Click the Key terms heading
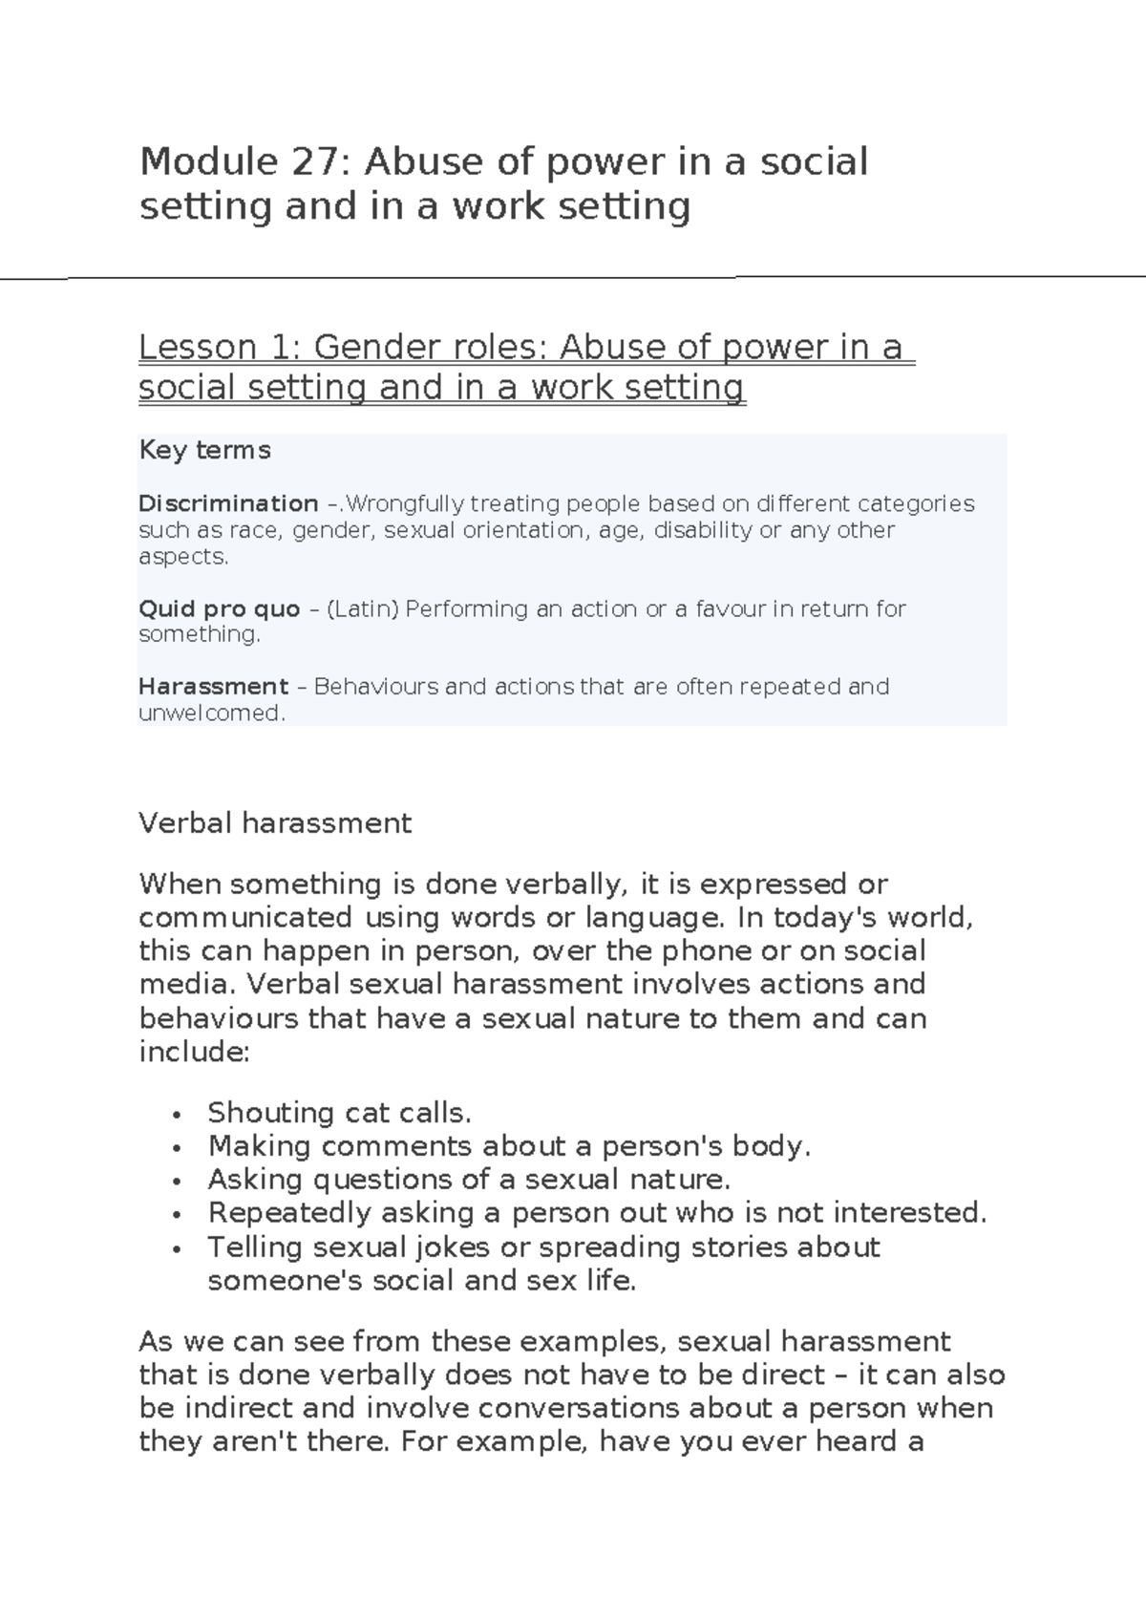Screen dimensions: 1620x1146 click(x=204, y=450)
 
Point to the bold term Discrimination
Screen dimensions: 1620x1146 click(x=228, y=503)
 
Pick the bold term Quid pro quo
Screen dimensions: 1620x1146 click(x=219, y=608)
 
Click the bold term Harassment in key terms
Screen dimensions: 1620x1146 click(x=213, y=687)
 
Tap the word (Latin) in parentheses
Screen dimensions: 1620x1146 click(x=362, y=608)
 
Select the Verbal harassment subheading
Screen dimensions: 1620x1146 click(x=275, y=823)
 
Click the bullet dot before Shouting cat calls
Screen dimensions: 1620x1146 click(x=177, y=1115)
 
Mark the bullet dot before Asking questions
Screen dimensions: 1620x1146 click(x=177, y=1182)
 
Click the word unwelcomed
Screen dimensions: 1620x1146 click(x=211, y=713)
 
